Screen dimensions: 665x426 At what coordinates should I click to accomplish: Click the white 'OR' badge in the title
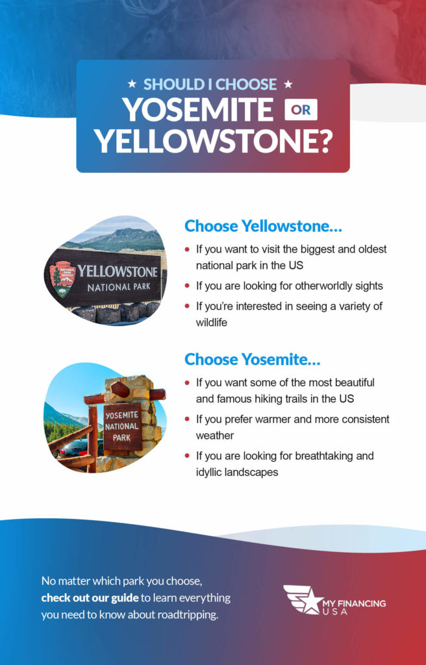click(x=301, y=110)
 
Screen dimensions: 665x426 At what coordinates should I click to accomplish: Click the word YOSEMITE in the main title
click(x=198, y=110)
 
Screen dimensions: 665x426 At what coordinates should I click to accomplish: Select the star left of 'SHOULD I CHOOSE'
click(x=132, y=84)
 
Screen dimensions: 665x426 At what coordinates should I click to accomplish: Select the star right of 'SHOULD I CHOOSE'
click(x=288, y=84)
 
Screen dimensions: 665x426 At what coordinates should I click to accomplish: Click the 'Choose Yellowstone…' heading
click(x=263, y=226)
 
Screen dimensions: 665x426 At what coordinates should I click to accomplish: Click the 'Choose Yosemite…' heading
click(x=252, y=359)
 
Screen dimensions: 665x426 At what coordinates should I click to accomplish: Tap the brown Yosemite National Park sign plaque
click(x=122, y=427)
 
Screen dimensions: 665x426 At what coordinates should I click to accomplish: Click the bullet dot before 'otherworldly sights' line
click(x=188, y=286)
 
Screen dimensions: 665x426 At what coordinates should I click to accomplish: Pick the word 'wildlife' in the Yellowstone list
click(x=212, y=322)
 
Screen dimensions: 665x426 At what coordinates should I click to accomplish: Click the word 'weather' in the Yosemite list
click(x=215, y=435)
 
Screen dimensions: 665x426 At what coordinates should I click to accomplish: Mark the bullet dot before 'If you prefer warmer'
click(x=188, y=420)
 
